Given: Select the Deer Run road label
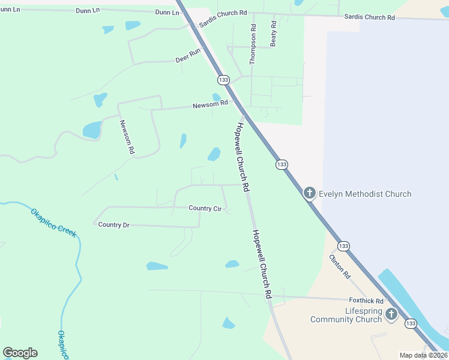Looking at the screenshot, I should coord(187,56).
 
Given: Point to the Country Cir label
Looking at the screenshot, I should coord(205,208).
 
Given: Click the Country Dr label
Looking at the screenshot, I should coord(113,224).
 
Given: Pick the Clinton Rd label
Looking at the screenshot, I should coord(339,266).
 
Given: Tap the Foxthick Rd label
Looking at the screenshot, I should coord(366,300).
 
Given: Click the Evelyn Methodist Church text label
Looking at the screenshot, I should coord(365,194).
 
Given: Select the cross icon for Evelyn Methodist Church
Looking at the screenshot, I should coord(309,193).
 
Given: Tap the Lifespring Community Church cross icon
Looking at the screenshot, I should coord(391,314).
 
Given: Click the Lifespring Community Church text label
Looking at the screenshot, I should coord(346,315).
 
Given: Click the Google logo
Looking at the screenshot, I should coord(20,353).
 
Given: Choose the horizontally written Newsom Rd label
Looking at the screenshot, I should coord(210,105).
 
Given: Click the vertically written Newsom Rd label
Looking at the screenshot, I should coord(126,137).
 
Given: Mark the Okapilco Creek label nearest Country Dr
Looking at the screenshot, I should coord(54,222).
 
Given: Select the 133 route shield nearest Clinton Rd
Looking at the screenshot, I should coord(343,246).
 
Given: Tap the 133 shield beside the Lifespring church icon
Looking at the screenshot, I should coord(411,323).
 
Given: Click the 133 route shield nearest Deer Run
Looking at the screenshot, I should coord(223,80).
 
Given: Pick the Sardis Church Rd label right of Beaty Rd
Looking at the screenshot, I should coord(369,17).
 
